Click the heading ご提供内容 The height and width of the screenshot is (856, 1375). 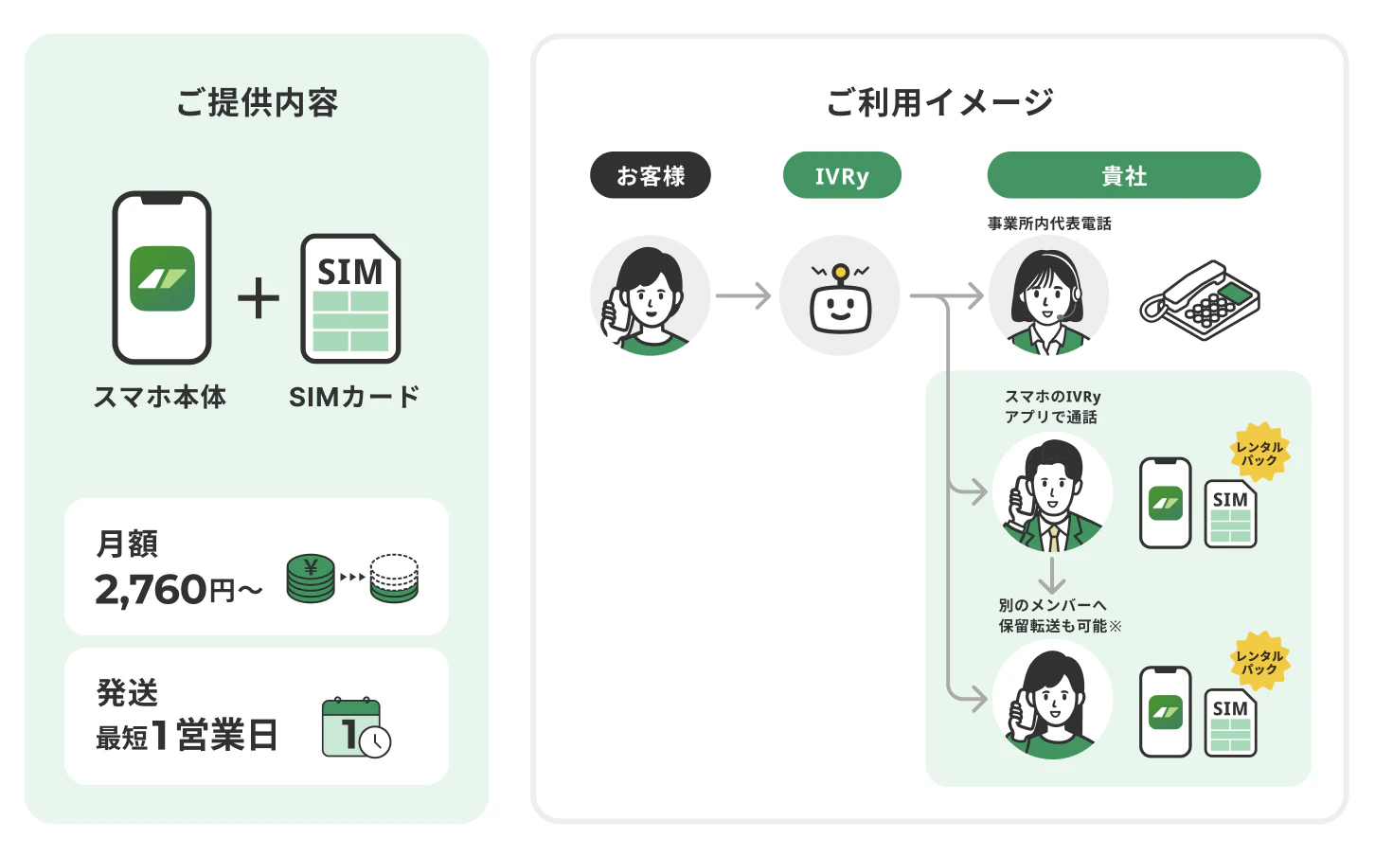[x=258, y=102]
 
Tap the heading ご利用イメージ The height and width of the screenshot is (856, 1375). [x=939, y=102]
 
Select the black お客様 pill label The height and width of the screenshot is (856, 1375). [x=650, y=175]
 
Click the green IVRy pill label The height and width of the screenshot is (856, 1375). [x=842, y=175]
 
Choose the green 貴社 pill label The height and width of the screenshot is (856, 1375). [x=1123, y=175]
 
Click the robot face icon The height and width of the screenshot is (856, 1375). [x=840, y=299]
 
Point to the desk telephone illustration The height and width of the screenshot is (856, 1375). [x=1200, y=300]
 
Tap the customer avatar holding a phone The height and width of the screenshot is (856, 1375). [x=650, y=295]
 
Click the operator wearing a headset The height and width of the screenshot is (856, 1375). [x=1048, y=295]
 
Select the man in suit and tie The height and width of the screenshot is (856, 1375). [x=1052, y=492]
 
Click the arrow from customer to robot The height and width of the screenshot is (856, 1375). [x=742, y=295]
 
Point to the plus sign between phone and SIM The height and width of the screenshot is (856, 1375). [x=259, y=298]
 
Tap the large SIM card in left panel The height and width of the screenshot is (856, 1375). [x=350, y=298]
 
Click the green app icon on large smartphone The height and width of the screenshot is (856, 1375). [x=162, y=278]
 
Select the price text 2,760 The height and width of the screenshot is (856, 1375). [x=151, y=590]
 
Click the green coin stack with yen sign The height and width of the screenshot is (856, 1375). [x=311, y=578]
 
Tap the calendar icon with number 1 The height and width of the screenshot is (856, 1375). [x=356, y=728]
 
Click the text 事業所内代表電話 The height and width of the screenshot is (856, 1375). [x=1049, y=223]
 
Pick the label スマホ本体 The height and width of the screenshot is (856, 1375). [x=160, y=397]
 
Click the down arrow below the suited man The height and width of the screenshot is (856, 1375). [x=1052, y=575]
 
